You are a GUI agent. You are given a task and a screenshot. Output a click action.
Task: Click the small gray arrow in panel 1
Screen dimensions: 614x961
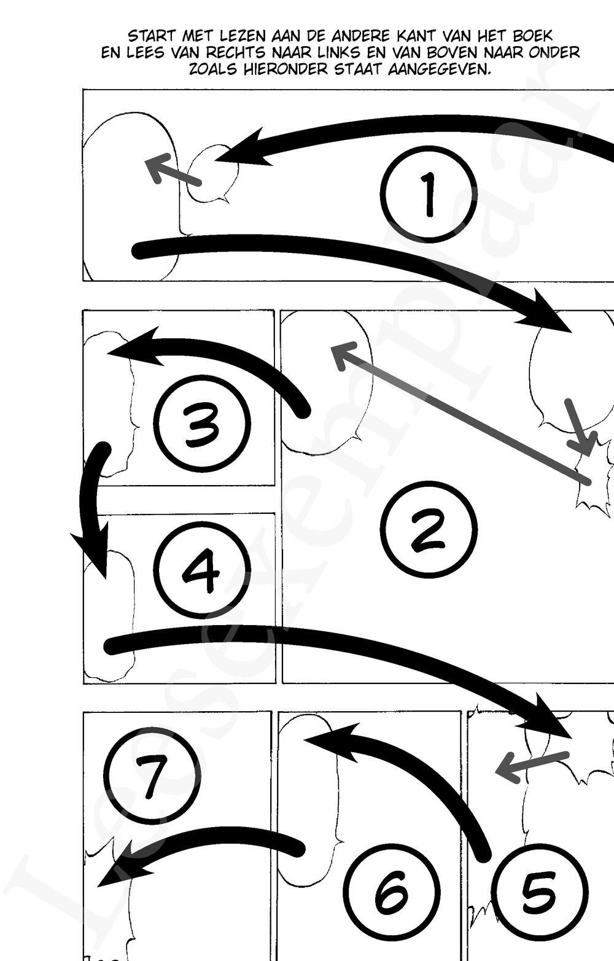(173, 171)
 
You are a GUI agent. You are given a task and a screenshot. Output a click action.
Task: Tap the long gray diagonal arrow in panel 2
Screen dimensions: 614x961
(460, 413)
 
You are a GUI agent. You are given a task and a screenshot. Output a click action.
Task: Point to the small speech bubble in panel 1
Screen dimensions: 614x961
(213, 174)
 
